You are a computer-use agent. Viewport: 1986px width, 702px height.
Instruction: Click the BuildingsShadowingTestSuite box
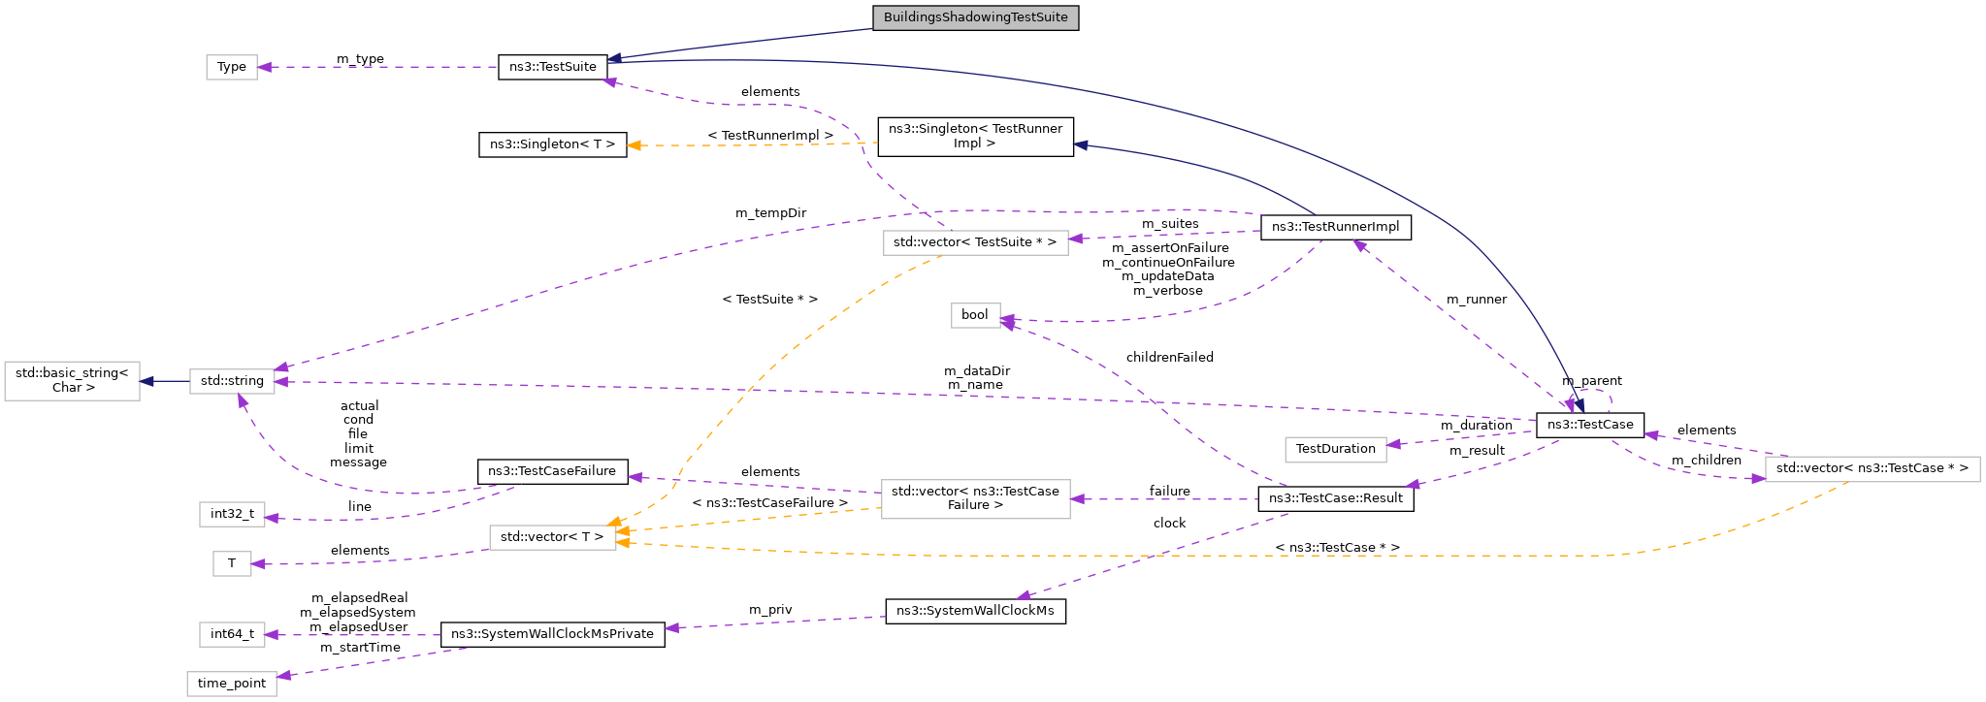[x=975, y=17]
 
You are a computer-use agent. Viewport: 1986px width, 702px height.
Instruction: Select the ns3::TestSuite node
[x=552, y=67]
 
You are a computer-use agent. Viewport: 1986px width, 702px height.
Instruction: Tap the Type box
[x=232, y=67]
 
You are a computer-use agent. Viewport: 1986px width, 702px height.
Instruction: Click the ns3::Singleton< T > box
[x=552, y=144]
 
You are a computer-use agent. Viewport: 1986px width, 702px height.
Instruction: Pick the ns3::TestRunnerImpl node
[x=1335, y=227]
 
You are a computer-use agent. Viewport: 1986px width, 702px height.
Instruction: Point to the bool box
[x=975, y=315]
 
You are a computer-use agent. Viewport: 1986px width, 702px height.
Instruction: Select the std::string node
[x=232, y=381]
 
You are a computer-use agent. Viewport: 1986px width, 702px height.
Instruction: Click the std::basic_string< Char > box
[x=72, y=381]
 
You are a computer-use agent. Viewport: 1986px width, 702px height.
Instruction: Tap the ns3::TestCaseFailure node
[x=552, y=471]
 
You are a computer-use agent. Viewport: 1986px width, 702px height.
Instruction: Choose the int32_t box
[x=232, y=514]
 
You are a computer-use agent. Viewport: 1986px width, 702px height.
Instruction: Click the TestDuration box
[x=1335, y=449]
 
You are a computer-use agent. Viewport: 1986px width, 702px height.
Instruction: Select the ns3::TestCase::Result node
[x=1335, y=498]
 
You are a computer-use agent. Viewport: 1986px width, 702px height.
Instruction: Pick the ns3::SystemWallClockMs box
[x=975, y=611]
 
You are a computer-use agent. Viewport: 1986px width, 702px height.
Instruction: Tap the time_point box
[x=232, y=684]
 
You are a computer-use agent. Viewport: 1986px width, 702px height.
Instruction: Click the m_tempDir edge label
[x=770, y=213]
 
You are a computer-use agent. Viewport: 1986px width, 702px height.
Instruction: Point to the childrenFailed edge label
[x=1169, y=358]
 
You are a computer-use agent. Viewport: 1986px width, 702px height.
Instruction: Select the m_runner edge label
[x=1476, y=300]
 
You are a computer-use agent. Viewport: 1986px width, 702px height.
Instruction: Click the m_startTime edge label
[x=360, y=648]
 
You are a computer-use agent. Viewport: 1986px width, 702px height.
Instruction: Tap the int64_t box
[x=232, y=634]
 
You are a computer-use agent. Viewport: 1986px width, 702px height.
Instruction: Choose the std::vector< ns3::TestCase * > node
[x=1872, y=468]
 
